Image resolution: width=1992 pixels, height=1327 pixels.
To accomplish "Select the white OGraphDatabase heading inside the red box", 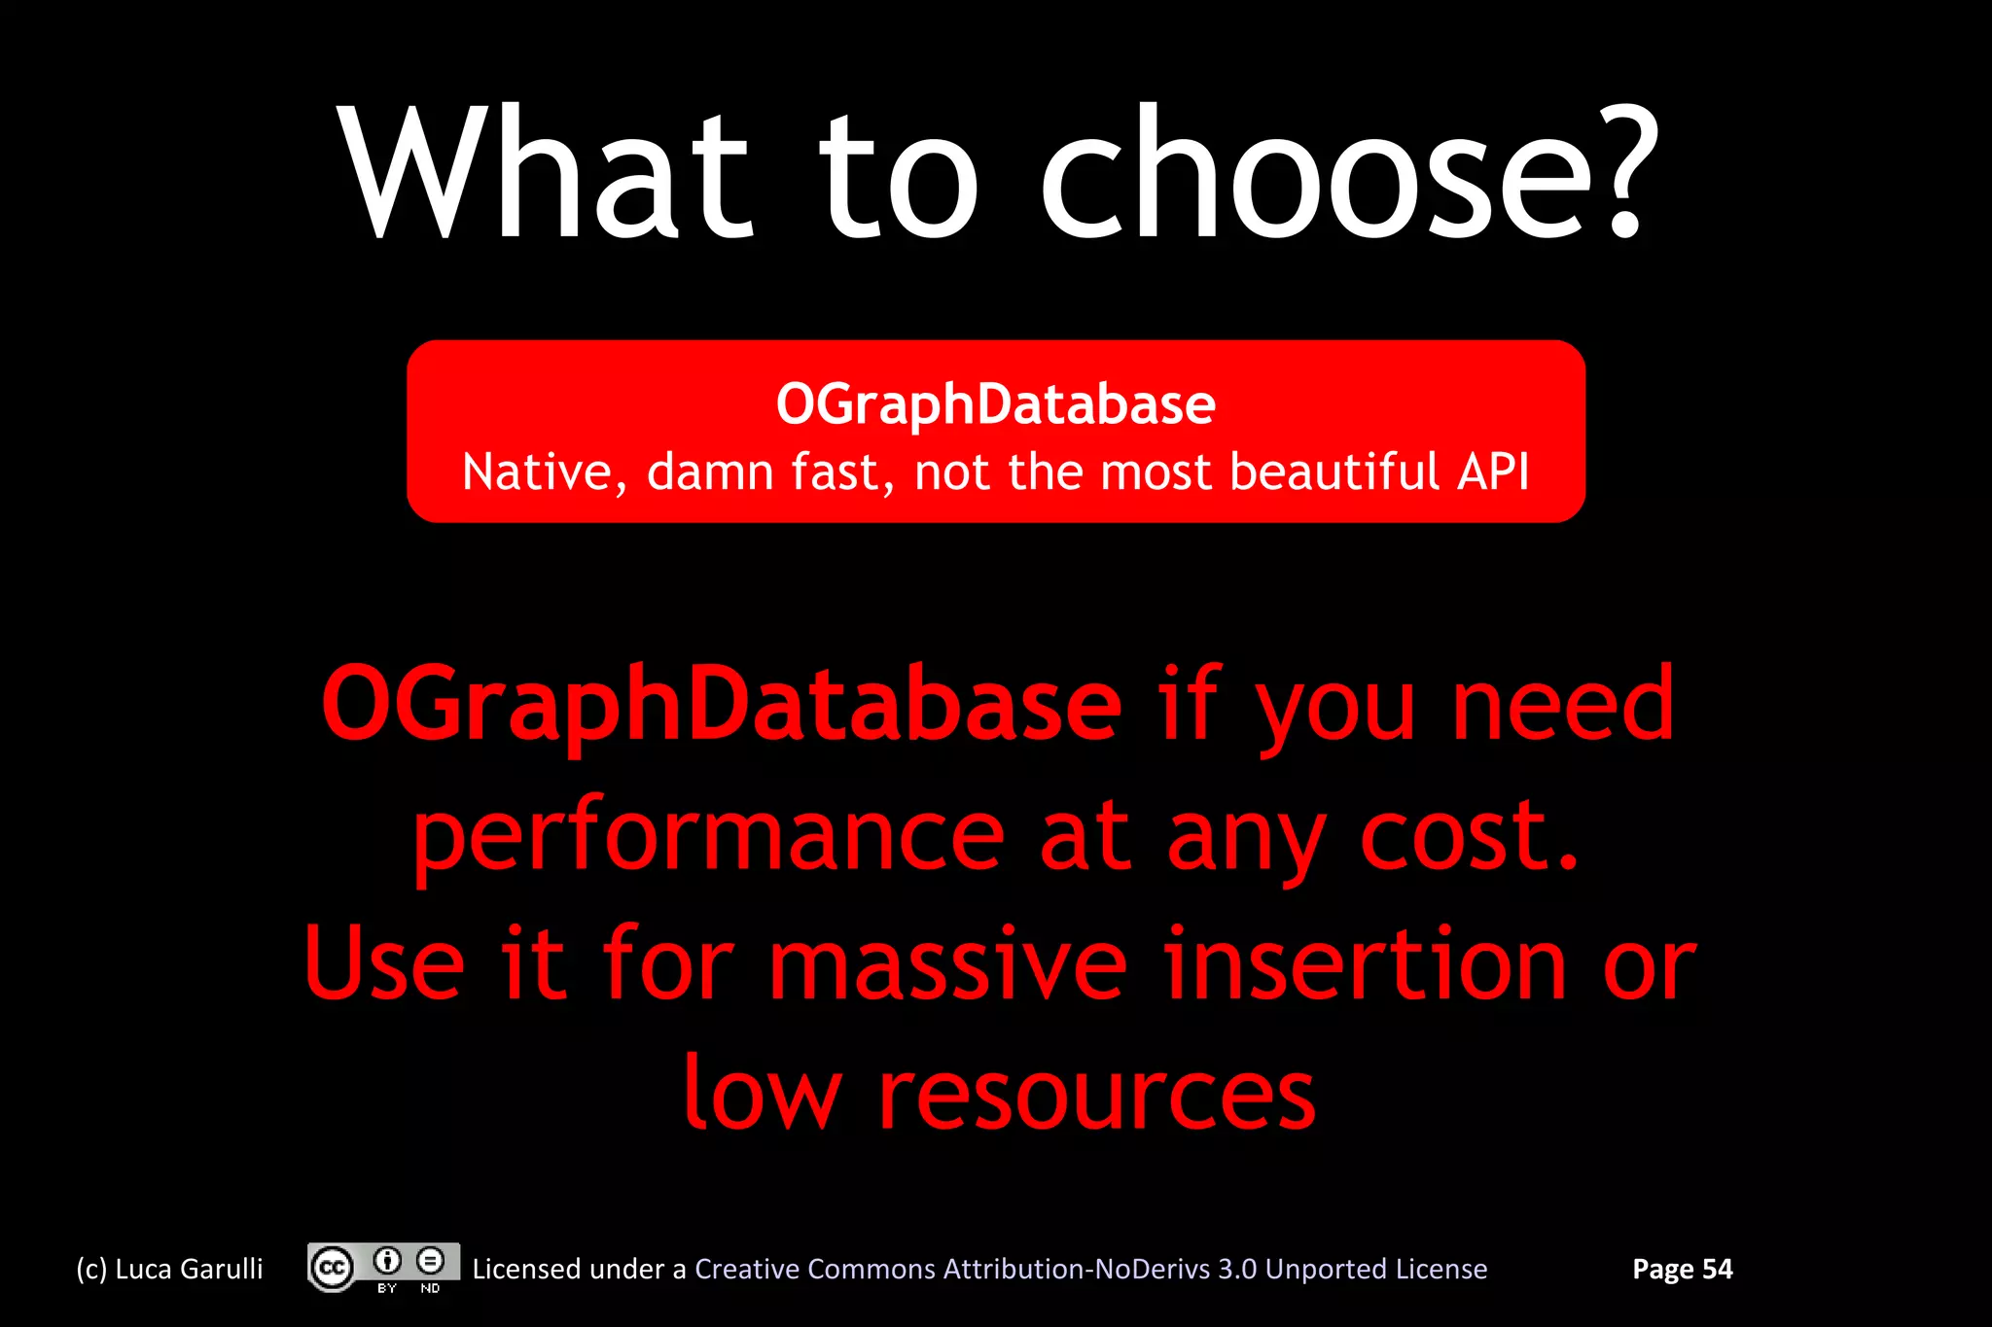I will point(995,404).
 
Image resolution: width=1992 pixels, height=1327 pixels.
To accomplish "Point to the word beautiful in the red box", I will point(1334,472).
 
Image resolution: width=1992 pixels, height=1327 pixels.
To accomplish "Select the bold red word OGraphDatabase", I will point(721,704).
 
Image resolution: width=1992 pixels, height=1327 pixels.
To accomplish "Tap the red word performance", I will point(708,836).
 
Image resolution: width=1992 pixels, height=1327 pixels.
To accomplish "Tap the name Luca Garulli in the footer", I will point(189,1270).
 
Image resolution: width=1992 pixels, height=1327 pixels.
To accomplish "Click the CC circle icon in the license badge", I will point(332,1268).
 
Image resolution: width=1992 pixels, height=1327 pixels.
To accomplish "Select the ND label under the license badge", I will point(430,1288).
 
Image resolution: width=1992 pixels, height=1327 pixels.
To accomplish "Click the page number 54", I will point(1717,1270).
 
